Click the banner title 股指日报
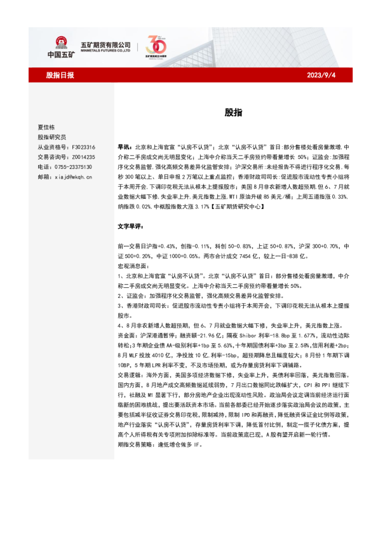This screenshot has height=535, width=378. click(60, 75)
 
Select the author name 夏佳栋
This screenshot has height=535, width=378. click(48, 126)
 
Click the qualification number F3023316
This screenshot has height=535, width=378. click(82, 147)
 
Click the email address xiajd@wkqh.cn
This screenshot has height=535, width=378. click(74, 176)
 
